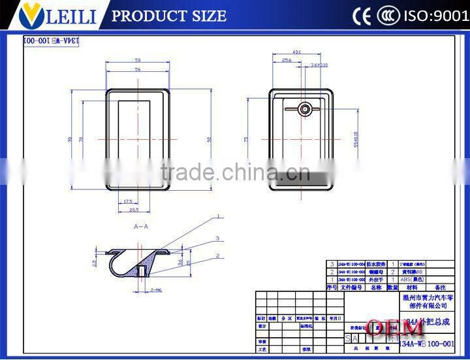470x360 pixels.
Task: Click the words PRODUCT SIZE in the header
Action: pos(169,16)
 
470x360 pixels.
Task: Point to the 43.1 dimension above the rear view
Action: pos(297,52)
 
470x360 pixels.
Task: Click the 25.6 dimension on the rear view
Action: pos(287,60)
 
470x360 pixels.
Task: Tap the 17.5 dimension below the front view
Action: pos(127,201)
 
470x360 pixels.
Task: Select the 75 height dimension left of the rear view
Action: pos(247,139)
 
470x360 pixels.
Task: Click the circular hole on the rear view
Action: pos(305,109)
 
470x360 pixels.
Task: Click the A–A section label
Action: pos(140,226)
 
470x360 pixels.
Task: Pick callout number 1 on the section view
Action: pos(219,216)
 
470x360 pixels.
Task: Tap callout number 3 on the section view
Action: pos(217,238)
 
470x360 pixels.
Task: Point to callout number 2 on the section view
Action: pos(219,255)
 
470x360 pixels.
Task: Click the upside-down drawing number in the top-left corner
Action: pos(51,41)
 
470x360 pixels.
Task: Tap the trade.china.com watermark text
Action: pos(235,172)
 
